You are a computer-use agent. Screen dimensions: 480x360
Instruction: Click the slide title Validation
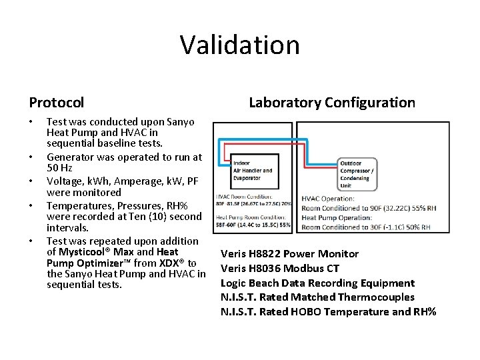tap(239, 45)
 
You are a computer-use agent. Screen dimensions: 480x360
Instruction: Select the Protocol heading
tap(57, 103)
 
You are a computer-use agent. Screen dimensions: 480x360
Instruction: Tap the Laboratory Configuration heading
tap(331, 102)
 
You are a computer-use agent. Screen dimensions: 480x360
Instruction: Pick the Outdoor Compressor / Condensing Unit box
tap(357, 174)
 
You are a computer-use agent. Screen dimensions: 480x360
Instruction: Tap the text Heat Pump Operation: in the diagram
tap(337, 217)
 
